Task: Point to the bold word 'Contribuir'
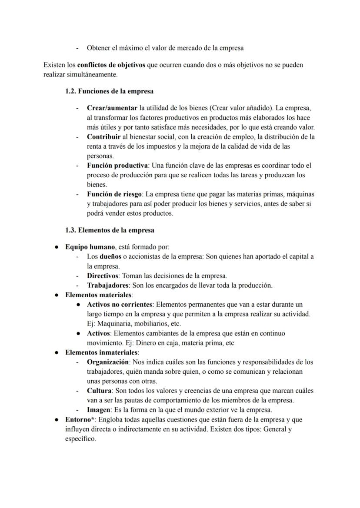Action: tap(104, 137)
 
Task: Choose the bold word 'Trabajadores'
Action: tap(107, 286)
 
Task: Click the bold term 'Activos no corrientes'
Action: tap(120, 305)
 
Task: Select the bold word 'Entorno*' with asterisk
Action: tap(80, 420)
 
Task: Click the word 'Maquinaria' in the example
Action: tap(114, 324)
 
